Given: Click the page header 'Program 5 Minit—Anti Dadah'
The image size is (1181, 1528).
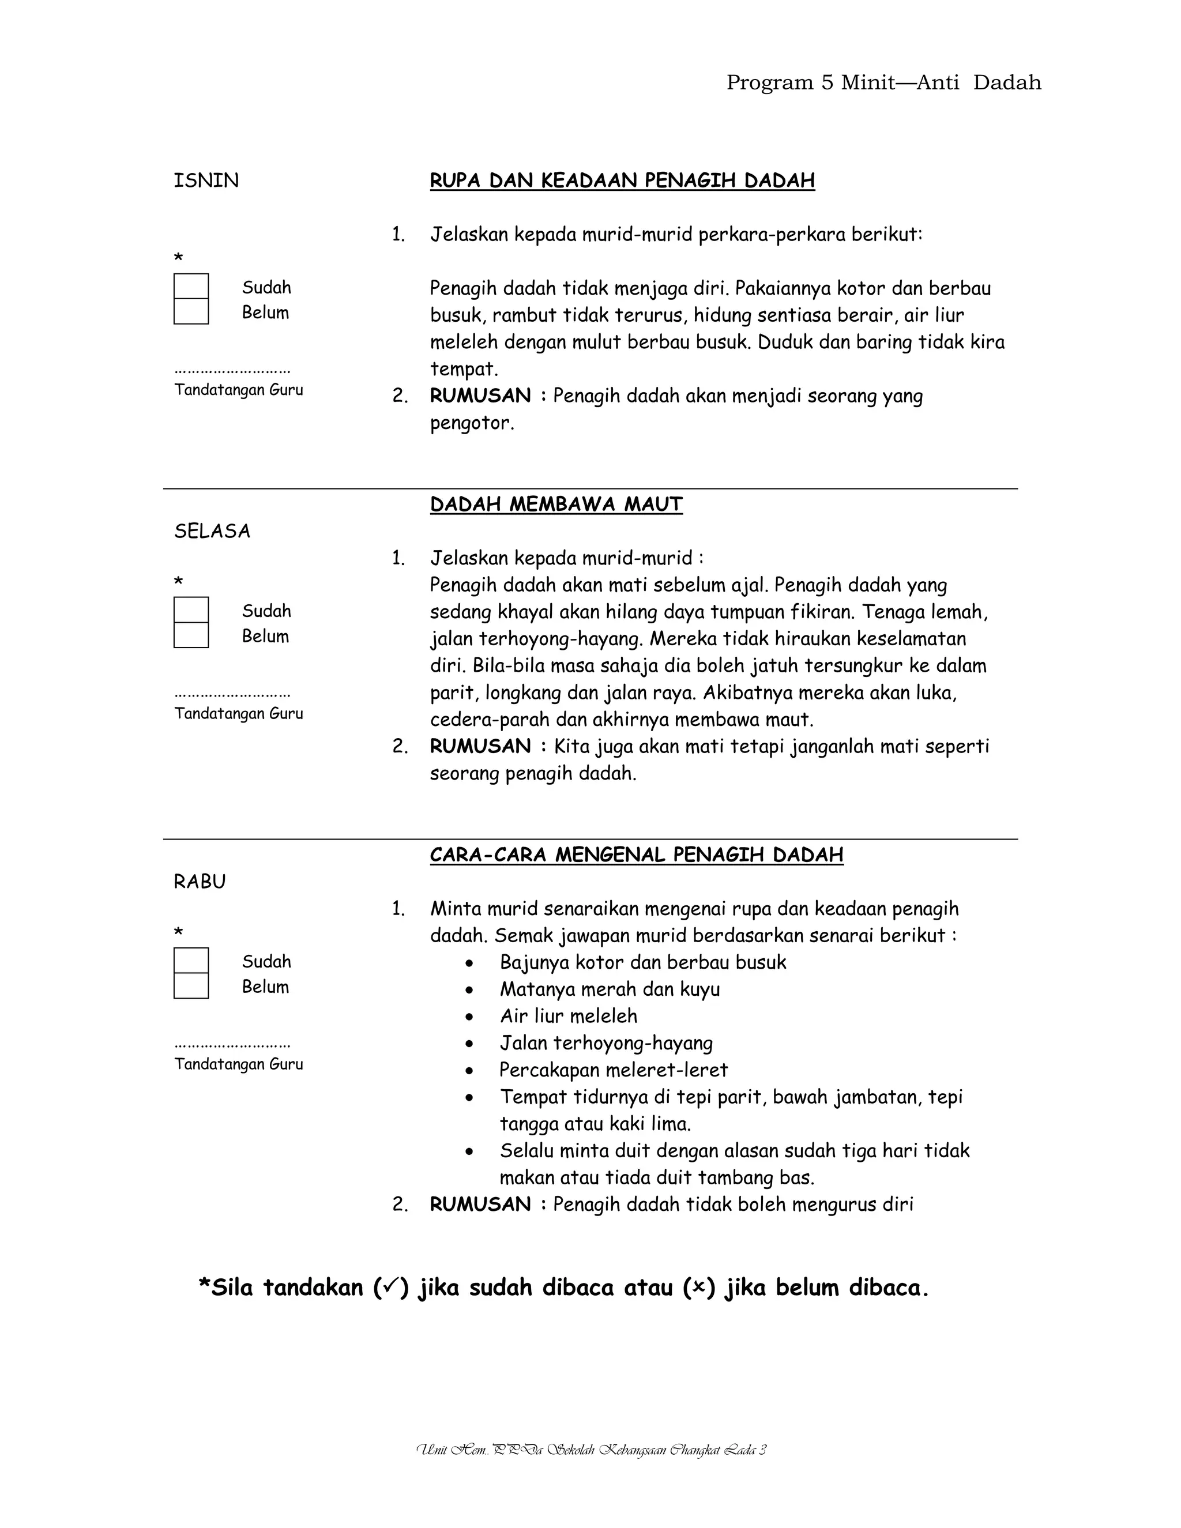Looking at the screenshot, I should tap(883, 82).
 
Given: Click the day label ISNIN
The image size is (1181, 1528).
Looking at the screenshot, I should tap(206, 180).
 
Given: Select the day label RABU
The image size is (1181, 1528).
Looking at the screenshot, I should tap(200, 882).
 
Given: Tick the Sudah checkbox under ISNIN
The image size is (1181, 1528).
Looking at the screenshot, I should tap(191, 286).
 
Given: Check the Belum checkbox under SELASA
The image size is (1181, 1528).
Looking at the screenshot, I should tap(191, 635).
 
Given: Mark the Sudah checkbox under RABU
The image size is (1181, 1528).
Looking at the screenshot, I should tap(191, 960).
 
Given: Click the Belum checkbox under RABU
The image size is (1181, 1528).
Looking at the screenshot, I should tap(191, 986).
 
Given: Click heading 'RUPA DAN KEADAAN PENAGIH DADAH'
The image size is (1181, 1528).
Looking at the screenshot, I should tap(622, 180).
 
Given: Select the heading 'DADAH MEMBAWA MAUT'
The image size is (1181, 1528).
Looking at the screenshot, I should tap(556, 505).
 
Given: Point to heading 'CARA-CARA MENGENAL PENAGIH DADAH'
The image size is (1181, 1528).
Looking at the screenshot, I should tap(636, 855).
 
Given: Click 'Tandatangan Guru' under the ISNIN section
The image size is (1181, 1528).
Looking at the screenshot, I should tap(239, 390).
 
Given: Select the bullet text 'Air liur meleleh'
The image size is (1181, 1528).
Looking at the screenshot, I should tap(568, 1016).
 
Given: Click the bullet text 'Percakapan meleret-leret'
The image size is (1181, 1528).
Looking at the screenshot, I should tap(614, 1070).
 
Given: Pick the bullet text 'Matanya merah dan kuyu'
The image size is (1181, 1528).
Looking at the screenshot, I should tap(610, 989).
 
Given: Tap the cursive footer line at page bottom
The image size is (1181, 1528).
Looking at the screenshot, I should tap(590, 1450).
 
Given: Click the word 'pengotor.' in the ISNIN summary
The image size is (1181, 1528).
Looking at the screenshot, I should tap(472, 423).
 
